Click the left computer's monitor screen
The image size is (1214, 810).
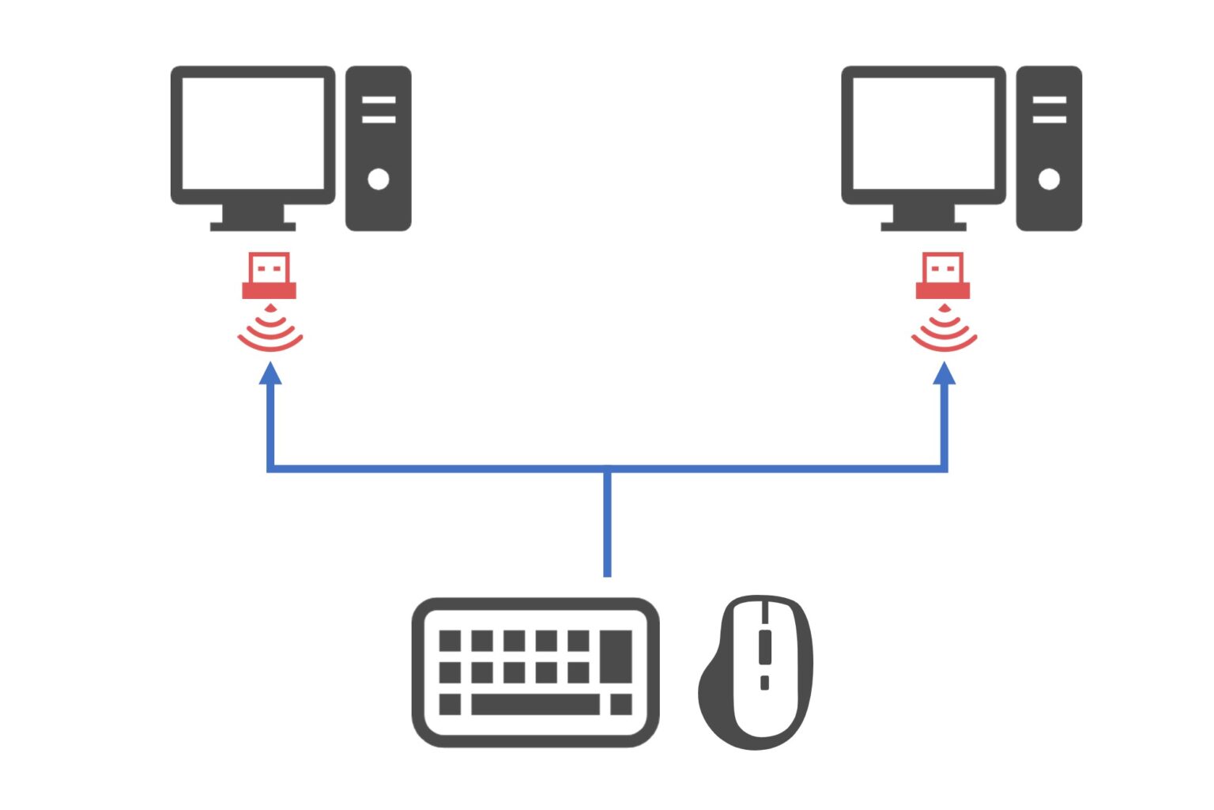253,133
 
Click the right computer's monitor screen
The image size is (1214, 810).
923,133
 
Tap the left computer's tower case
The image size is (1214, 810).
379,206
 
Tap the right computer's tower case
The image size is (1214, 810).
1049,206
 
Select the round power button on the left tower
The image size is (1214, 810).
379,179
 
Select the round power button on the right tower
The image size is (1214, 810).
1049,179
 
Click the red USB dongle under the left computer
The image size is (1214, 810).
270,276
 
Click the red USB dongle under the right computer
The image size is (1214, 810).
943,276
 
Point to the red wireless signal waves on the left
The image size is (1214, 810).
270,331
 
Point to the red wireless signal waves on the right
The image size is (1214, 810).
944,331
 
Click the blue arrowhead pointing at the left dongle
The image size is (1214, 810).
271,373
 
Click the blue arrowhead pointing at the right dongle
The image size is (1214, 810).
944,373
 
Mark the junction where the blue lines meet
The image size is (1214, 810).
607,469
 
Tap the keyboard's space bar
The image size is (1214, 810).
535,704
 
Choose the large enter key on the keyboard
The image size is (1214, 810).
616,656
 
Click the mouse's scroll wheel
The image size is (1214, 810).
764,647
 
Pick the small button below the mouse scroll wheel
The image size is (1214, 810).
764,682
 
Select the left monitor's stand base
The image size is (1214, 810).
253,225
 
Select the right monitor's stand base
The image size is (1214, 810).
923,225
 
